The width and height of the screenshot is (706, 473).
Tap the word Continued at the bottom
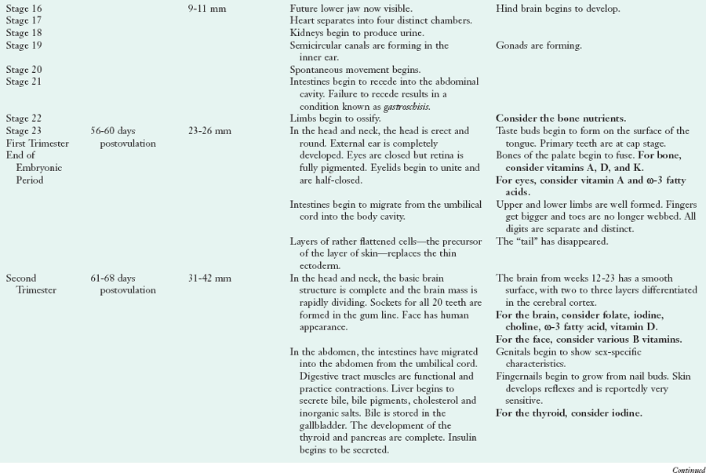(688, 469)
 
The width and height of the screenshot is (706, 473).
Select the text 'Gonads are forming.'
(538, 45)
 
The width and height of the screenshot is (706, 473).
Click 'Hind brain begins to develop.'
(557, 9)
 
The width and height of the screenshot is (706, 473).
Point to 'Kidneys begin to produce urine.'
(356, 33)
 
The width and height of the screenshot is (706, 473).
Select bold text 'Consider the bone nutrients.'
(559, 118)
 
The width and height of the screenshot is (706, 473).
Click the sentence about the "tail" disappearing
(551, 242)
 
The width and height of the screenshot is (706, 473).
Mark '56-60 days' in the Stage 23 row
(118, 130)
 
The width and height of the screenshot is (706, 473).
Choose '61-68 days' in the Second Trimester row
(118, 278)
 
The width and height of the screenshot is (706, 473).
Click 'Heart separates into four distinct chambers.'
(380, 21)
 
